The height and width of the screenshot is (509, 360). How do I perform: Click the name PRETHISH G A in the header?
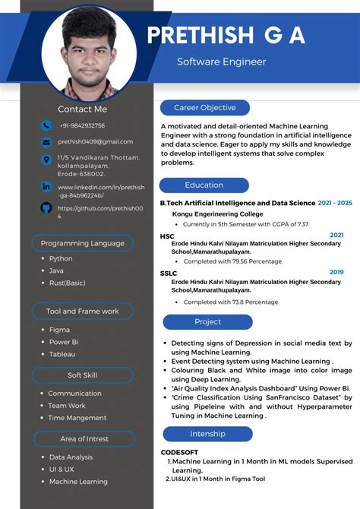pos(226,35)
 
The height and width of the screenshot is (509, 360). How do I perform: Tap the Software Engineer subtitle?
pos(222,61)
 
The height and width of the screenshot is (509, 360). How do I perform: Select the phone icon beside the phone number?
pos(46,125)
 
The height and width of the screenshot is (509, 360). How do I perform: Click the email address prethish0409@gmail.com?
pos(95,141)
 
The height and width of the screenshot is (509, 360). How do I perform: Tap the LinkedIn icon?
pos(46,186)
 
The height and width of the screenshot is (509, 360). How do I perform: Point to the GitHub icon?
pos(46,207)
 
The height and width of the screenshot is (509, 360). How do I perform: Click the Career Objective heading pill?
pos(204,108)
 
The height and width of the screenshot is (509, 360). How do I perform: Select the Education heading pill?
pos(204,185)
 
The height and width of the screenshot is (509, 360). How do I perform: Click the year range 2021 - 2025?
pos(335,203)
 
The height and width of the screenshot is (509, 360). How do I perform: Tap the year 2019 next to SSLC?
pos(336,271)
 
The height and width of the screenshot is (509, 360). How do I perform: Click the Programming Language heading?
pos(82,243)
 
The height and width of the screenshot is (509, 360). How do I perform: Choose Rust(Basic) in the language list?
pos(68,283)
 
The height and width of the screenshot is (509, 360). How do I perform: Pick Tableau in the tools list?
pos(62,354)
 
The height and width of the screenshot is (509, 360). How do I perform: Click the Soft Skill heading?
pos(82,375)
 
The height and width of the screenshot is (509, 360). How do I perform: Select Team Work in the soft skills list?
pos(67,406)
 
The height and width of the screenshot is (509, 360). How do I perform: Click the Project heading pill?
pos(207,322)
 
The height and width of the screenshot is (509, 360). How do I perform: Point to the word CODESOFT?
pos(179,452)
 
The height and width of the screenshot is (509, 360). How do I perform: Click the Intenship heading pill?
pos(207,434)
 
